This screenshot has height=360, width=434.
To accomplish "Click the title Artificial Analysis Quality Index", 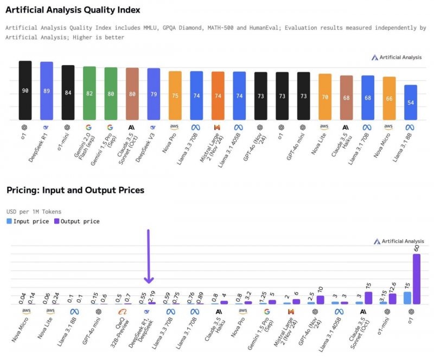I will click(73, 10).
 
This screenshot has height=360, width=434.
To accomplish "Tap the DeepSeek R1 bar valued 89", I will click(47, 91).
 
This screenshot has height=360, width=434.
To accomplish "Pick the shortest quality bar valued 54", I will click(411, 103).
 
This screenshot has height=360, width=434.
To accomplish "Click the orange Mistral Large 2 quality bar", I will click(218, 96).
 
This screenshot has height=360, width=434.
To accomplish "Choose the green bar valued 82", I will click(90, 93).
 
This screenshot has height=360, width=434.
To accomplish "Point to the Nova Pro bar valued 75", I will click(175, 95).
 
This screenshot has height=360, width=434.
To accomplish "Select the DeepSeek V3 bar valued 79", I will click(154, 94).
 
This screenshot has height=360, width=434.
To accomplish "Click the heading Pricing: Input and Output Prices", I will click(75, 190).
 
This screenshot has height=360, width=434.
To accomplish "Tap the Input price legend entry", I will click(30, 221).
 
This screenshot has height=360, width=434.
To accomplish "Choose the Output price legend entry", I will click(79, 221).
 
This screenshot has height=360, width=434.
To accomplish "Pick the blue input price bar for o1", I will click(407, 298).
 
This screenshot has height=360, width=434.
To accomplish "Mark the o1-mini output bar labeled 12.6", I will click(392, 299).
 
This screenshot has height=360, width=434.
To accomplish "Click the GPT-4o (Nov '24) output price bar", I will click(320, 300).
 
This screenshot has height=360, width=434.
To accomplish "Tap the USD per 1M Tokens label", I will click(34, 211).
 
